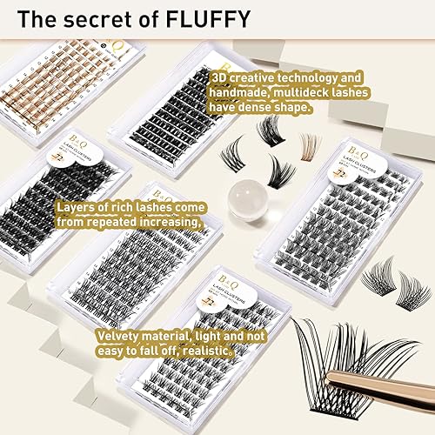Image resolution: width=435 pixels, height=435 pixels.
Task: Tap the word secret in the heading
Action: coord(91,17)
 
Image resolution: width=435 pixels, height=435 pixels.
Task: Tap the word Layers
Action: coord(77,208)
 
